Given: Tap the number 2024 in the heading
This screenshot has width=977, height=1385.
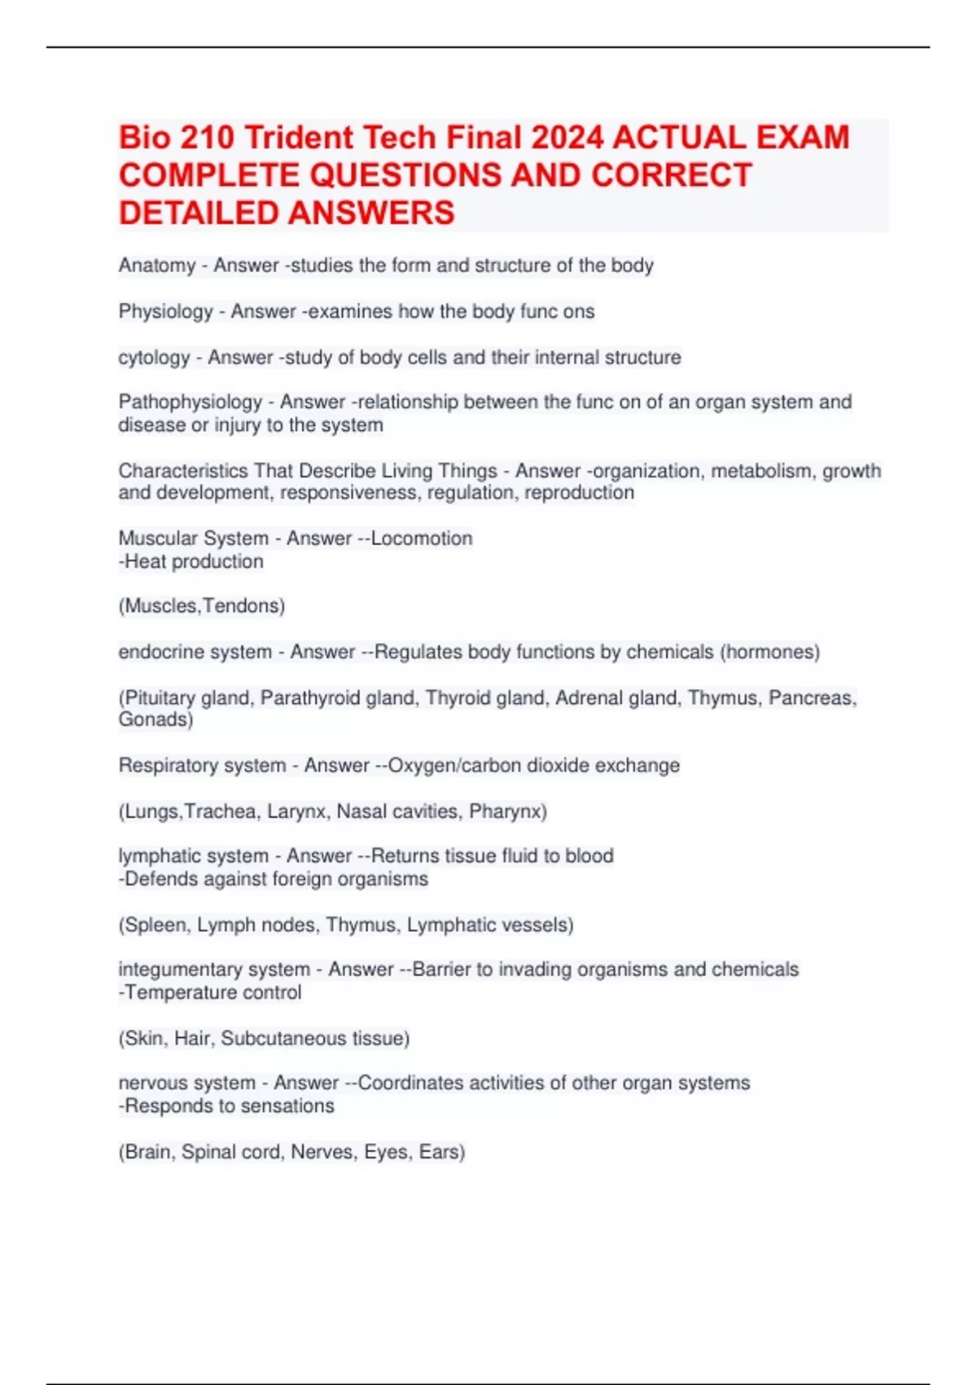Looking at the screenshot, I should (x=567, y=138).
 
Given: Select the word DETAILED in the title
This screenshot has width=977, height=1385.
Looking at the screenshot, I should (x=199, y=213).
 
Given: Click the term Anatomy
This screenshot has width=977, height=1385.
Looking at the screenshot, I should (x=157, y=266).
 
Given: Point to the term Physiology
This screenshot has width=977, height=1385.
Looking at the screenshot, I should (x=165, y=311).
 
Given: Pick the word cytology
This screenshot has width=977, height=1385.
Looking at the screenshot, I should (x=154, y=358).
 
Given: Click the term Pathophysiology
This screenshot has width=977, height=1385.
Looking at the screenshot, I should (x=191, y=402).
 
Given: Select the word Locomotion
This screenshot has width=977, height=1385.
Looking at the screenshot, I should (x=422, y=539).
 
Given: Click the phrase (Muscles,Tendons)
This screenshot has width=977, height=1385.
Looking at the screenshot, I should (x=202, y=606).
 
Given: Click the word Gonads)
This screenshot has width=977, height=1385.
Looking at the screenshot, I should (x=156, y=719).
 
